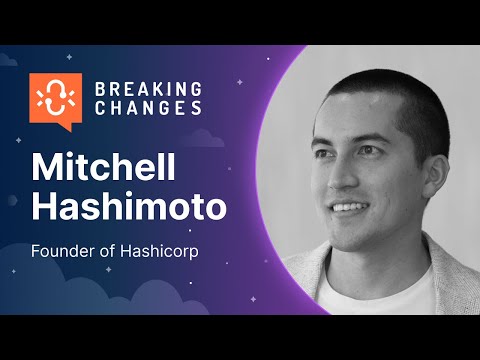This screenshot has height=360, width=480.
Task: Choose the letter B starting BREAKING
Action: pyautogui.click(x=98, y=89)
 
